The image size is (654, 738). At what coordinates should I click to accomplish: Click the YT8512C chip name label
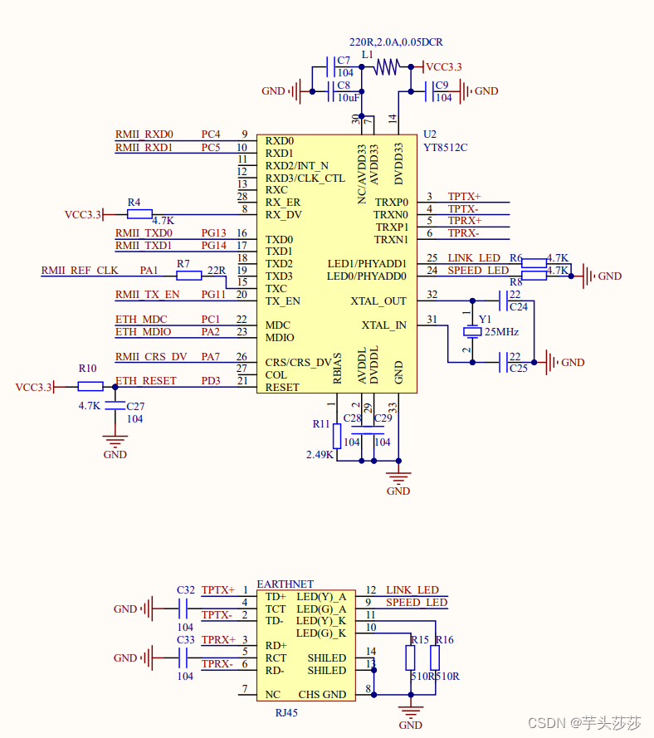(445, 148)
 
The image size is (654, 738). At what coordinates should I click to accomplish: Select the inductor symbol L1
(387, 67)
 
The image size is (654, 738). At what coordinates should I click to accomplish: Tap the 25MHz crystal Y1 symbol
(472, 331)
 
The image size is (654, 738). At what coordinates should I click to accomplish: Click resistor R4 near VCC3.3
(139, 214)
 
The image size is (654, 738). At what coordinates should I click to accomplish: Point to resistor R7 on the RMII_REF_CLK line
(188, 275)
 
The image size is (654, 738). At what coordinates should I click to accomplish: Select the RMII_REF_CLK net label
(80, 271)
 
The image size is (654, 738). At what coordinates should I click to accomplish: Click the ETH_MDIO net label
(143, 332)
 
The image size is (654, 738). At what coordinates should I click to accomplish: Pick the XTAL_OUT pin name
(378, 301)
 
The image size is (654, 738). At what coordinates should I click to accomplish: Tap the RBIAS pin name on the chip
(337, 369)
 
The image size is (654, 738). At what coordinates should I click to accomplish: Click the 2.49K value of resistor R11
(320, 455)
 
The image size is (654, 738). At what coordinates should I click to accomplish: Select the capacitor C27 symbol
(115, 406)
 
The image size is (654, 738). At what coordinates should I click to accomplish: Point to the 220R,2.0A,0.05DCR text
(396, 42)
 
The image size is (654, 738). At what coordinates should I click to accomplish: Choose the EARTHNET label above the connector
(285, 584)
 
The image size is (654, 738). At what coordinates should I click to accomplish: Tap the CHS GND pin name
(322, 694)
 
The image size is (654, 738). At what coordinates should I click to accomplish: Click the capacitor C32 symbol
(185, 608)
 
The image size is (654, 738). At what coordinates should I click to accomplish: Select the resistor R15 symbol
(410, 658)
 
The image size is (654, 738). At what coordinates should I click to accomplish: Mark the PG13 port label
(213, 233)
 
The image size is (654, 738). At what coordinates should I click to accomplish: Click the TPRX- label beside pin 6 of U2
(463, 233)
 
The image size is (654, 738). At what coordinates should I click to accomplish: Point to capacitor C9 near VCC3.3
(431, 91)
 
